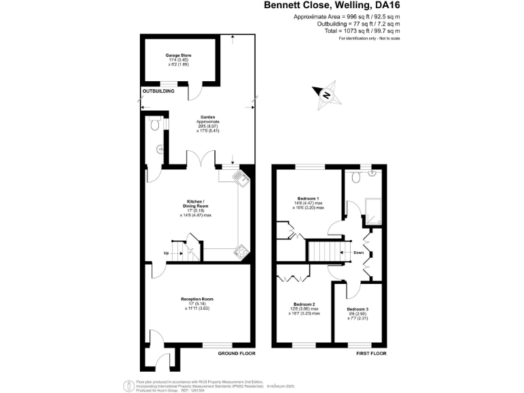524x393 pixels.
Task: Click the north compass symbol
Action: point(325,95)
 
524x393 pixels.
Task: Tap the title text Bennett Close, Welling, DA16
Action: point(332,5)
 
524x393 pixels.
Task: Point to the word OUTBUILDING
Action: point(158,91)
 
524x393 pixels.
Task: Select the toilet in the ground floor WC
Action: point(156,125)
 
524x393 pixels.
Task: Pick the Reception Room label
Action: point(197,300)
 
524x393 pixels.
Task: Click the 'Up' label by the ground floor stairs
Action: point(166,254)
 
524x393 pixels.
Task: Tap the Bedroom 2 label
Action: point(304,304)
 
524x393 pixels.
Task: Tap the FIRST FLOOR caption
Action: point(371,354)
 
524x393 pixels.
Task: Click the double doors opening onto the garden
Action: point(201,162)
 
